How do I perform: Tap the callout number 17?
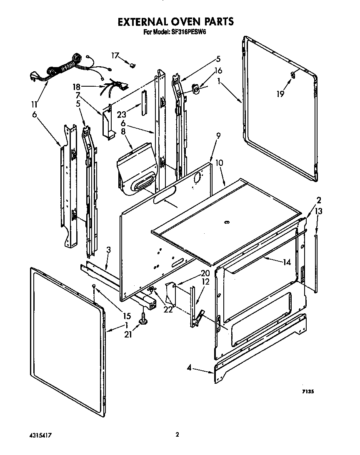pos(115,55)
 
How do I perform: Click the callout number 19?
pos(280,94)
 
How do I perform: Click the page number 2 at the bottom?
pos(177,434)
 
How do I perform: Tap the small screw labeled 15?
pos(95,286)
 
